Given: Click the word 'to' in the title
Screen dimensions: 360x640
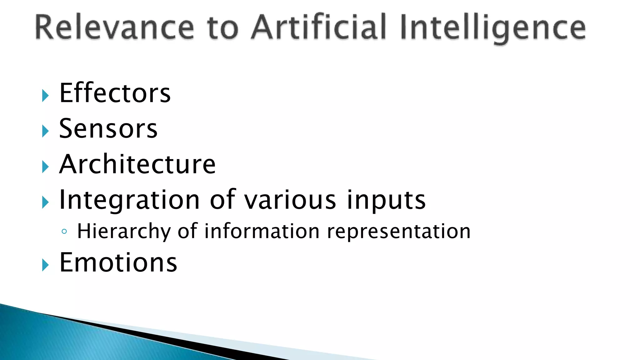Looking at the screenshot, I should click(222, 28).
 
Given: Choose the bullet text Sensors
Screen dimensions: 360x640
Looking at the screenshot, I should click(108, 128).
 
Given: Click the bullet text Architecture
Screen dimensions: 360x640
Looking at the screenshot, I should click(137, 164).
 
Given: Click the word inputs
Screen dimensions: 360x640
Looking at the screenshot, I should click(386, 200).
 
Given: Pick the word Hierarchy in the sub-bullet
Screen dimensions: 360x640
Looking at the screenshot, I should click(124, 232).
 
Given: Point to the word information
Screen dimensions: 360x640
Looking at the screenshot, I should click(262, 231).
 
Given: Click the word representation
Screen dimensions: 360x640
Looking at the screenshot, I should click(398, 232).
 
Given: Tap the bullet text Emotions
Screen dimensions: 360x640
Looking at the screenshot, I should click(118, 262).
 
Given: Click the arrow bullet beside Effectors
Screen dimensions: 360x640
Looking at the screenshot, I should click(45, 96).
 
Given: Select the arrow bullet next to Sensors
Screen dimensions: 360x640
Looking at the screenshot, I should click(45, 131).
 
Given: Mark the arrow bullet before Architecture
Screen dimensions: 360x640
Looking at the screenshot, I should click(45, 167).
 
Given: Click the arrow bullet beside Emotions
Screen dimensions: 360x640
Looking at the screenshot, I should click(45, 265).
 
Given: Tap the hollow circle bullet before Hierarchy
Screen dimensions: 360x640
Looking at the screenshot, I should click(64, 232).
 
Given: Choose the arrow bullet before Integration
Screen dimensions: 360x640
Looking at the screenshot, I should click(45, 202).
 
